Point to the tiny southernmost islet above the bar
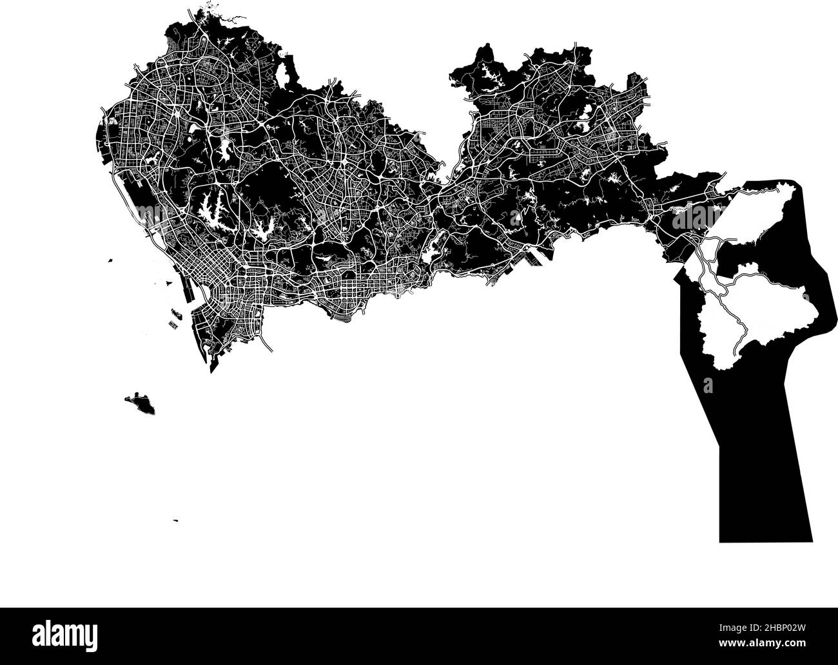[175, 521]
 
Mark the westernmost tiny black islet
[110, 260]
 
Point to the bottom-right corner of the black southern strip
[811, 540]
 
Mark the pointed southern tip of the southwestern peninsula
[211, 371]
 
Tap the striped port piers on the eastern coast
[536, 256]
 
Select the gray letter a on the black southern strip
[708, 385]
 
